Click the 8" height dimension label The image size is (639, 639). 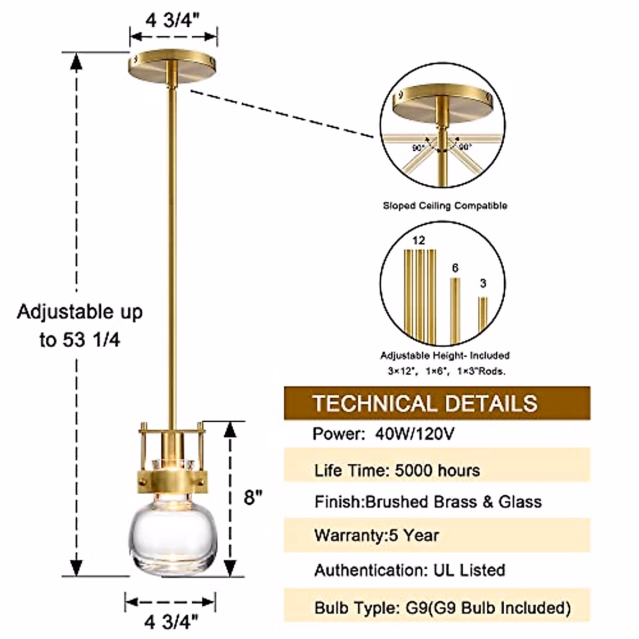point(253,497)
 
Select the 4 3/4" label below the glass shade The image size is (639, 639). point(171,621)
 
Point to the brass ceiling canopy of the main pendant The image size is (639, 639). point(173,65)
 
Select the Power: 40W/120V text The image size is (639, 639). point(383,434)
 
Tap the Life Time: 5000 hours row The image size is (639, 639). point(397,471)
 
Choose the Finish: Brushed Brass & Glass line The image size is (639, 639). point(428,502)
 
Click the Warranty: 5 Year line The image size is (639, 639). point(377,535)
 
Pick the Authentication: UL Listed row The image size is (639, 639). point(409,570)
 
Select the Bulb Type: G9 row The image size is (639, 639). point(442,608)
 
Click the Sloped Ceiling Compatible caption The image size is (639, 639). point(445,206)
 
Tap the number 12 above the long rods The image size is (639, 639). point(419,241)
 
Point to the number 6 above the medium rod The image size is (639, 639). point(455,268)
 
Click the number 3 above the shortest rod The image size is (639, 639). point(483,283)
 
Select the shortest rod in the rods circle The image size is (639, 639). point(483,319)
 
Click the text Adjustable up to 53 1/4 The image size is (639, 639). point(80,325)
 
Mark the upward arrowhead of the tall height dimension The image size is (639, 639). point(77,62)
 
